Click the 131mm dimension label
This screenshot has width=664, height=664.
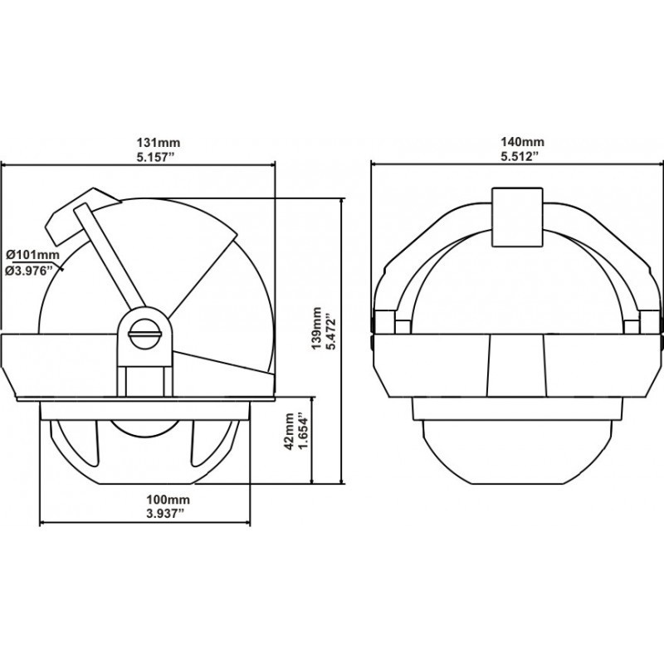point(158,142)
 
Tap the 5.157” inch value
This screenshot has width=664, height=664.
point(155,158)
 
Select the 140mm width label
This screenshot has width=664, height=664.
point(522,141)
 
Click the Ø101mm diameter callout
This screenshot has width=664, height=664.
point(33,255)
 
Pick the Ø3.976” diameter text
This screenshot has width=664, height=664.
point(31,271)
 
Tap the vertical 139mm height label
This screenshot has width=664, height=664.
point(316,329)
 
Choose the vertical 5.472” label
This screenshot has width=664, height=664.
point(332,329)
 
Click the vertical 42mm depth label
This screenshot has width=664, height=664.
point(290,432)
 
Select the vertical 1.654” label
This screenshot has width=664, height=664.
point(305,432)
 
